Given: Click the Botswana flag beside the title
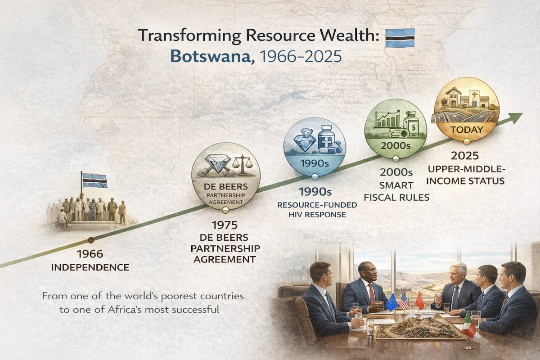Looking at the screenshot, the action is tap(400, 38).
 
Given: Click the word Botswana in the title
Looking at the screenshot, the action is tap(212, 56).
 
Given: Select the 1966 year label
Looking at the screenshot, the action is tap(90, 254).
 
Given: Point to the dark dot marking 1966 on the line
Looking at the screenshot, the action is tap(91, 240).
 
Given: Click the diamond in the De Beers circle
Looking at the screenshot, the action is tap(218, 163).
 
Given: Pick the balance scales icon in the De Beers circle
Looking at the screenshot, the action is tap(242, 165).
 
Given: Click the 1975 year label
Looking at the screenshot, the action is tap(225, 225).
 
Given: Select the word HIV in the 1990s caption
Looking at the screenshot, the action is tap(296, 215).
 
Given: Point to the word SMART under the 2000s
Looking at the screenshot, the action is tap(396, 185).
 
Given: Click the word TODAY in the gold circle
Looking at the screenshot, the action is tap(467, 130).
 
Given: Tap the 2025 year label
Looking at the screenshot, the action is tap(465, 156).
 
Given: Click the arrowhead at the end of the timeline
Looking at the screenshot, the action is tap(515, 118).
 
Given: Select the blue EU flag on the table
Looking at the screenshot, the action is tap(392, 302).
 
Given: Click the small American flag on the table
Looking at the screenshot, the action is tap(404, 301).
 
